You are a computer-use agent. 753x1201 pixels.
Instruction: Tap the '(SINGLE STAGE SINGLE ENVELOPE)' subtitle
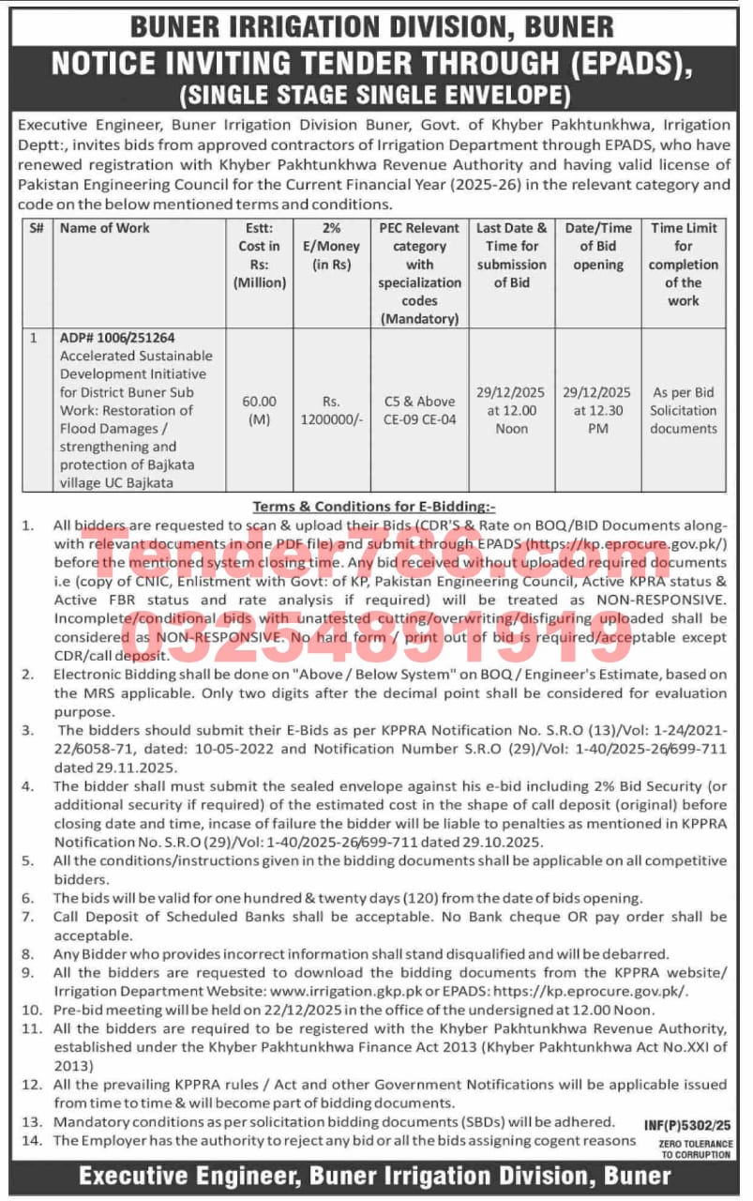(x=376, y=94)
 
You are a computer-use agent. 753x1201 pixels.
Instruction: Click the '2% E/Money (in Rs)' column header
(x=331, y=246)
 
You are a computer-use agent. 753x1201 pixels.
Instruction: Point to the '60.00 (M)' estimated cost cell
(x=259, y=410)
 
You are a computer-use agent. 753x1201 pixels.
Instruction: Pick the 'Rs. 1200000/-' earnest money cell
(x=331, y=410)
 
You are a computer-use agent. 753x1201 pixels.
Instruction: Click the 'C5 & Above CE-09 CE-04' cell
(x=419, y=410)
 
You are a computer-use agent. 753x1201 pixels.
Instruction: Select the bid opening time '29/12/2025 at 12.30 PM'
(x=597, y=410)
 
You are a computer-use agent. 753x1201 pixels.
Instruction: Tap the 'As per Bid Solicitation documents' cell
(x=683, y=410)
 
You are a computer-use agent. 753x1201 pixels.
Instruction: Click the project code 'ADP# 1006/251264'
(x=117, y=338)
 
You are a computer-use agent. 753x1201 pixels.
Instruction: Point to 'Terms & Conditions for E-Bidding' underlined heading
(x=375, y=505)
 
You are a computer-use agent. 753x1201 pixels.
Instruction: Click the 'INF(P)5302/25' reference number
(x=687, y=1123)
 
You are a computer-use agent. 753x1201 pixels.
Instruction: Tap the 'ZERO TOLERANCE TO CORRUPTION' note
(x=695, y=1148)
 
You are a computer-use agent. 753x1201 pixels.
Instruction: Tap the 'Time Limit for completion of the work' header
(x=683, y=264)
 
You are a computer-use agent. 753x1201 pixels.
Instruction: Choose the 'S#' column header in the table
(x=36, y=228)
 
